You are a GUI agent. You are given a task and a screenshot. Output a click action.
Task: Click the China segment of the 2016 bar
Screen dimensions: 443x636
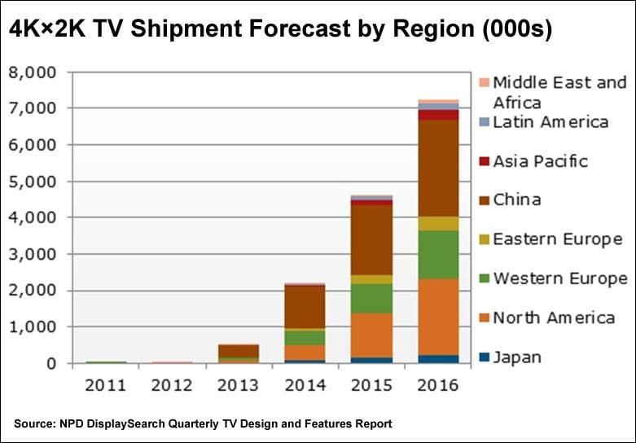[438, 168]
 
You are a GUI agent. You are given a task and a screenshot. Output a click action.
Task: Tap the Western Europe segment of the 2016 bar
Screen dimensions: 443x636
[438, 255]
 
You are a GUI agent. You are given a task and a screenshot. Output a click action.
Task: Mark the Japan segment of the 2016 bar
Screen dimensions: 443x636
[438, 358]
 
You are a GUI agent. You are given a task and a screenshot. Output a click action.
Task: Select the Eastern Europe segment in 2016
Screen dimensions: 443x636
[438, 223]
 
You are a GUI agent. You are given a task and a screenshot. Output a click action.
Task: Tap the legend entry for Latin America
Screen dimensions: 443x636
[550, 122]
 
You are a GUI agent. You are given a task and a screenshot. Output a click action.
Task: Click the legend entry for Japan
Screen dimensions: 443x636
[517, 357]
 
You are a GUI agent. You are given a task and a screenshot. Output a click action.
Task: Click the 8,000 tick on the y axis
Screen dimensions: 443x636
[34, 72]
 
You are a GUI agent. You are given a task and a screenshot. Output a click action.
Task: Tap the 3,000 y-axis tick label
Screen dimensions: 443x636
[34, 254]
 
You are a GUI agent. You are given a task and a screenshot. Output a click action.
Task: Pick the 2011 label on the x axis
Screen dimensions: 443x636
[105, 384]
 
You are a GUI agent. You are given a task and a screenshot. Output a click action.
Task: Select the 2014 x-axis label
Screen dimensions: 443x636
[305, 384]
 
